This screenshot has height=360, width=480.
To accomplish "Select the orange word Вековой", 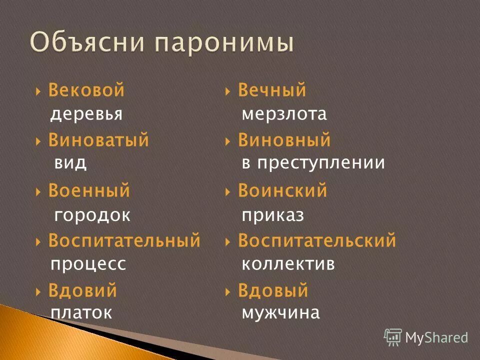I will click(86, 91).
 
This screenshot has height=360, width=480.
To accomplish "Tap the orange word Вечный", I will click(272, 91).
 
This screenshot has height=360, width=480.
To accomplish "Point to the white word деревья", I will click(86, 114).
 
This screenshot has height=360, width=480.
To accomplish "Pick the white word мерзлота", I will click(284, 114).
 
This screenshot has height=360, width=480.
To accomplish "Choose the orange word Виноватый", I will click(98, 141).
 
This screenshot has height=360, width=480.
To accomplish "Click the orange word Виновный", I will click(284, 141).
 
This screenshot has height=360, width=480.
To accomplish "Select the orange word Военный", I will click(89, 191).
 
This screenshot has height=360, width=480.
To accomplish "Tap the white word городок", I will click(92, 215).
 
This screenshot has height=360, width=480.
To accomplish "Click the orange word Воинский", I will click(282, 191).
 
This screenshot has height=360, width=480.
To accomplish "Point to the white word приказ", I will click(273, 215).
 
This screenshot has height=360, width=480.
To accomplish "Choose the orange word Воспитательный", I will click(124, 241).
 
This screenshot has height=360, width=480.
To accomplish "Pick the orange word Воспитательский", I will click(317, 241).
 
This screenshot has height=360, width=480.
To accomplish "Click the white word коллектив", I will click(288, 264).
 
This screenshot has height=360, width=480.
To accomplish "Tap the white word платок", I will click(81, 313).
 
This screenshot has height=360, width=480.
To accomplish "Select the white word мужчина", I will click(280, 313).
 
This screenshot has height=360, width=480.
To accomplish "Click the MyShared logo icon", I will click(393, 337).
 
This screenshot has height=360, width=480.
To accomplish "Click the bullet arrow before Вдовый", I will click(228, 291).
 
